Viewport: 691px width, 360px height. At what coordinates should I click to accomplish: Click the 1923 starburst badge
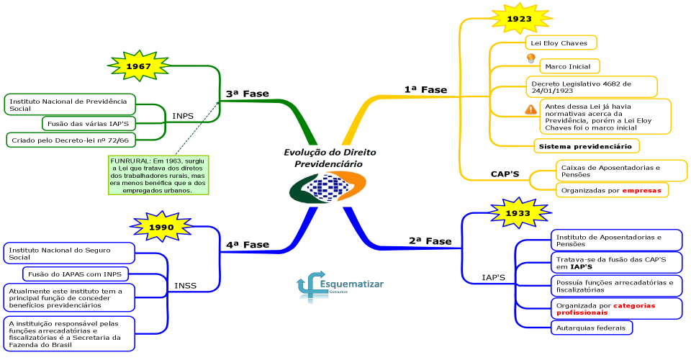pos(520,19)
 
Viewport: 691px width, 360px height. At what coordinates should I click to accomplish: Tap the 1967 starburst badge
pos(139,66)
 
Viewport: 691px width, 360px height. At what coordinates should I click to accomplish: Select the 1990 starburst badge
pos(161,227)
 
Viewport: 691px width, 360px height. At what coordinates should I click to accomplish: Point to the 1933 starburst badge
pos(518,213)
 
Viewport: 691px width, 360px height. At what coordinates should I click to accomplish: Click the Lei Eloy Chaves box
pos(561,42)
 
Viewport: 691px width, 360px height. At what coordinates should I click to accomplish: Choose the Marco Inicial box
pos(569,66)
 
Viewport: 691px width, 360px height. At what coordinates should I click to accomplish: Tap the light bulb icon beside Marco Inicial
pos(531,58)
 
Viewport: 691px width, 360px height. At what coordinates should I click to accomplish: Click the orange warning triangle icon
pos(531,109)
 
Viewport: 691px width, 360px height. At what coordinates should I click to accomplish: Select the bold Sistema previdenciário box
pos(586,146)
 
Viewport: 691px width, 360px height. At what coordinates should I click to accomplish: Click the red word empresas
pos(641,190)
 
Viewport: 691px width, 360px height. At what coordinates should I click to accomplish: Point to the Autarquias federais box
pos(592,328)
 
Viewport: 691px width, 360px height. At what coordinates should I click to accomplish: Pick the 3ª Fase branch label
pos(247,94)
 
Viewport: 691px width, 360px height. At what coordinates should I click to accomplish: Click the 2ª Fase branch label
pos(430,241)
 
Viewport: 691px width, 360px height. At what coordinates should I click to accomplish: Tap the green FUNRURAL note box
pos(158,176)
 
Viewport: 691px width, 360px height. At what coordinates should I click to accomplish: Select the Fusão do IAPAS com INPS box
pos(76,274)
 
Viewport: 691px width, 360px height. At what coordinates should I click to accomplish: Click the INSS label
pos(185,286)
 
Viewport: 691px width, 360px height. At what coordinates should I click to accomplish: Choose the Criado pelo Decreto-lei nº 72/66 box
pos(71,140)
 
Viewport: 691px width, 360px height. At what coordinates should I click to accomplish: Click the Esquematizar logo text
pos(352,284)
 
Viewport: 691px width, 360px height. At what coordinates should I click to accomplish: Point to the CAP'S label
pos(505,174)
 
